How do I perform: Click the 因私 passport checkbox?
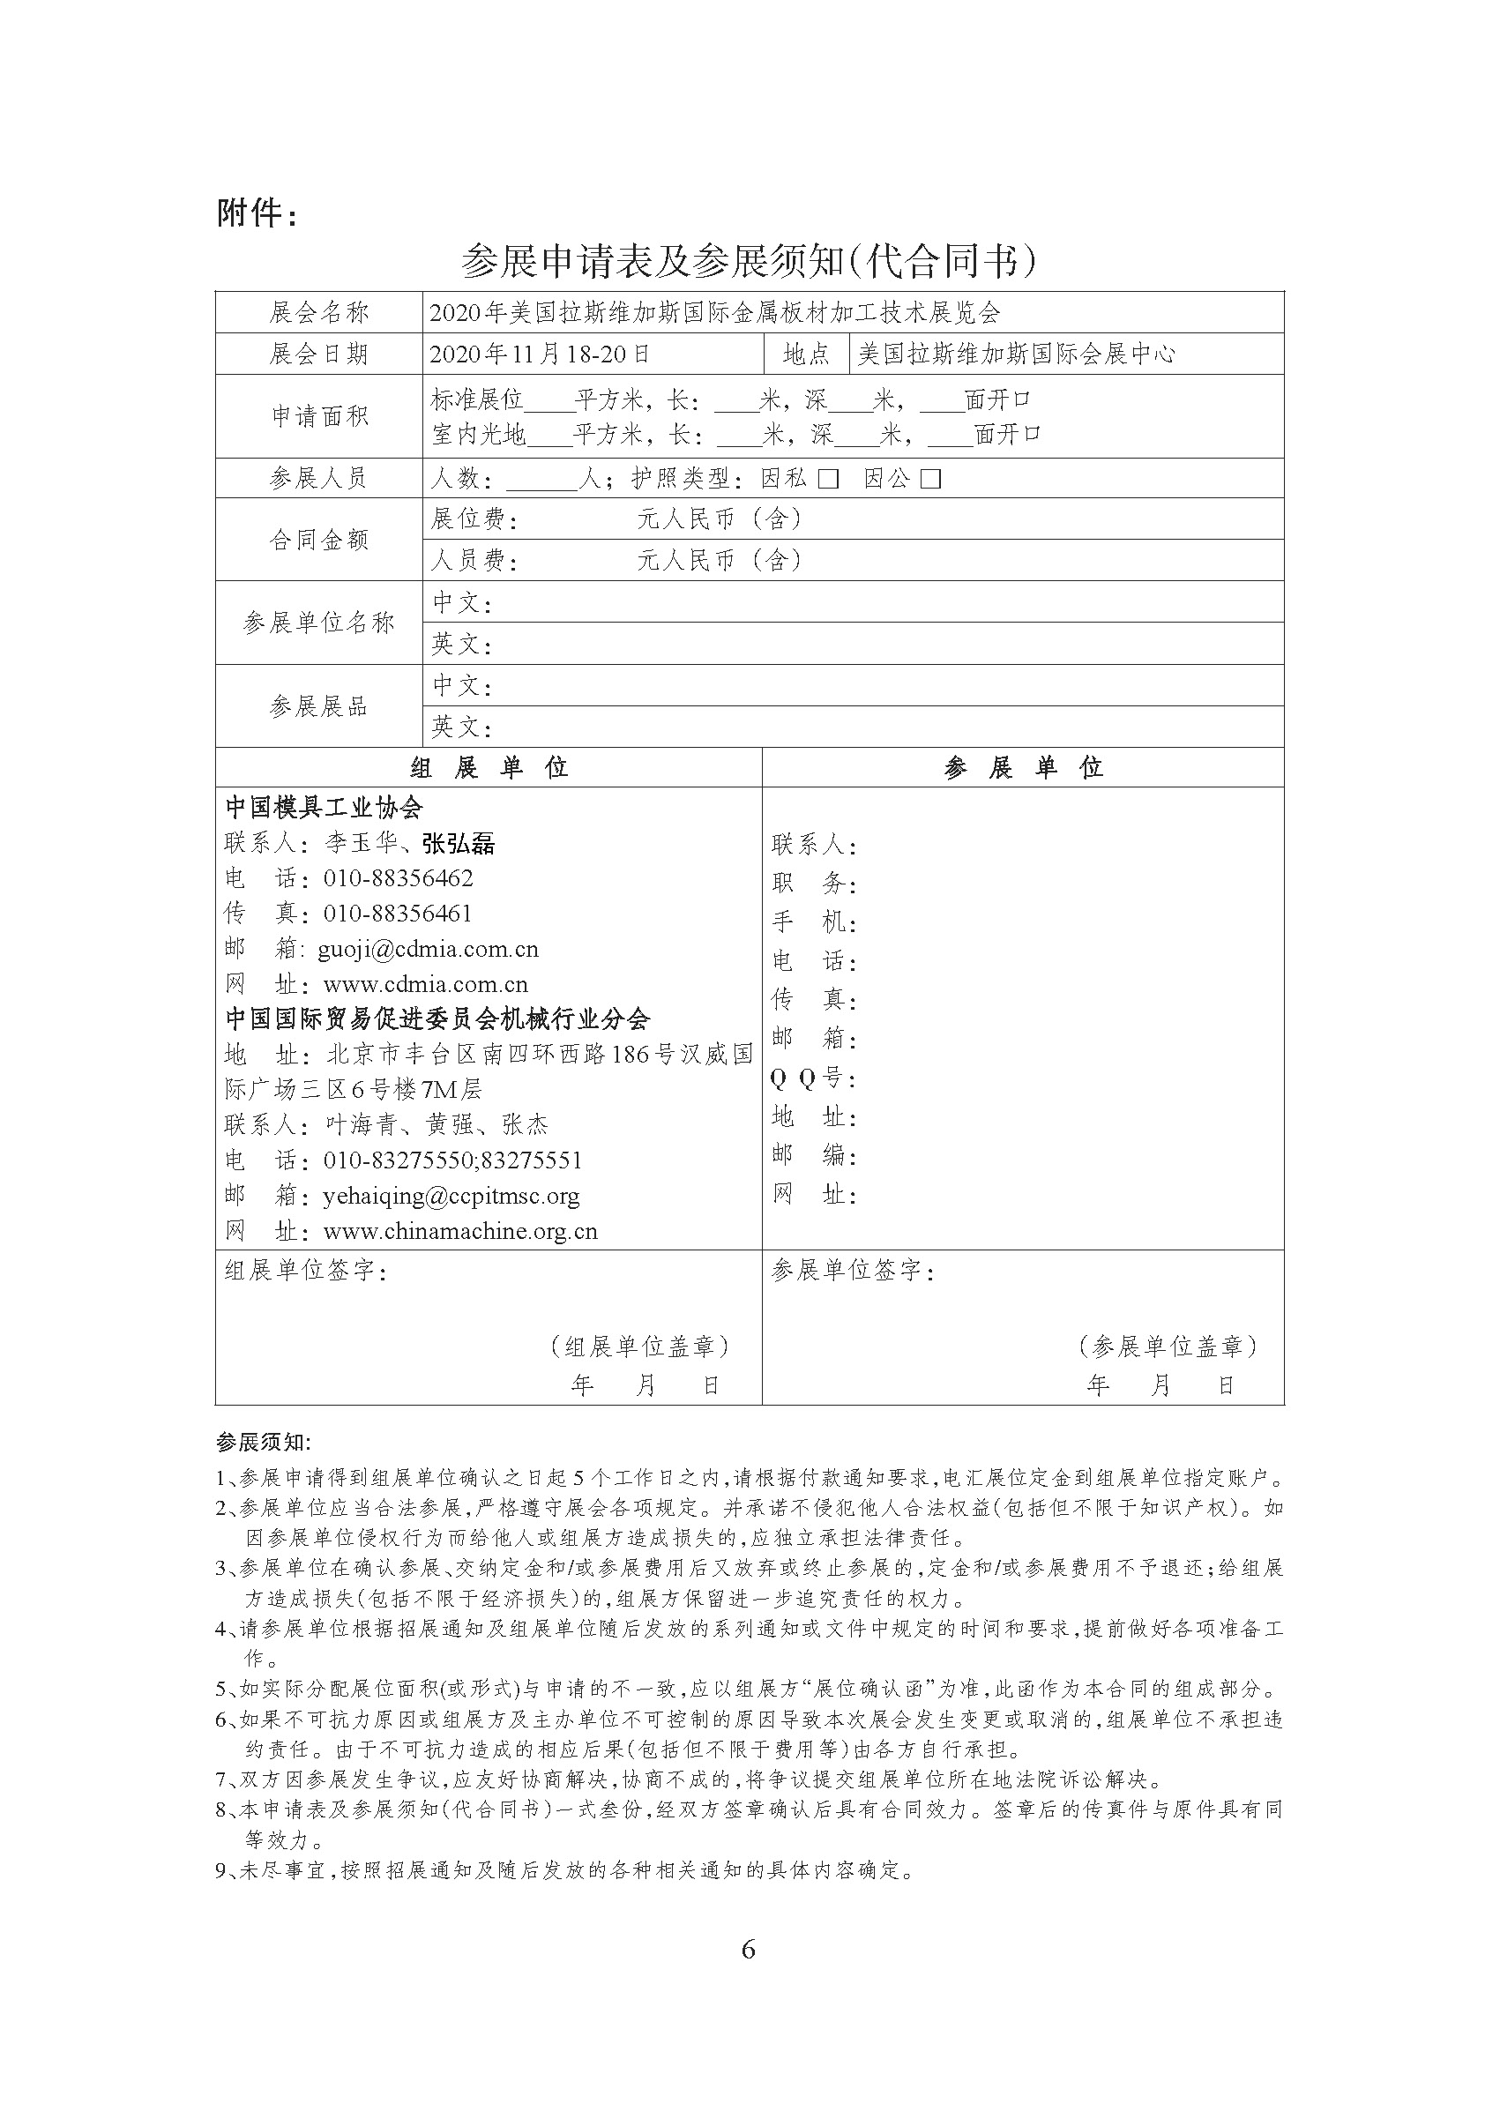(x=829, y=479)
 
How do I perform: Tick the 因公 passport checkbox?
(x=931, y=479)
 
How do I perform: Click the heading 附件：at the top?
(x=257, y=213)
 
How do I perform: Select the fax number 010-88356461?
(x=397, y=914)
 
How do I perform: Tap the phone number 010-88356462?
(x=398, y=878)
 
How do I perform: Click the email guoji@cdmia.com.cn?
(x=428, y=949)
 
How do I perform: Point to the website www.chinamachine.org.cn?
(x=460, y=1231)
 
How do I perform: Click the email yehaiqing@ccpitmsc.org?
(x=451, y=1196)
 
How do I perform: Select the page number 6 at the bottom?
(x=748, y=1949)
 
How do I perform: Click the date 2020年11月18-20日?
(x=541, y=354)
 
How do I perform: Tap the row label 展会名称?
(x=318, y=312)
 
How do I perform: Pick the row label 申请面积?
(x=318, y=415)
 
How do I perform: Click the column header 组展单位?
(x=489, y=767)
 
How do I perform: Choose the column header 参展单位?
(x=1024, y=767)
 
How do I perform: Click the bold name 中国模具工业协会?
(x=325, y=807)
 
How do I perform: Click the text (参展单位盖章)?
(x=1168, y=1347)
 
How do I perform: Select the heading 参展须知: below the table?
(x=264, y=1442)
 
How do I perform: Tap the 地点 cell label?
(x=805, y=354)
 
